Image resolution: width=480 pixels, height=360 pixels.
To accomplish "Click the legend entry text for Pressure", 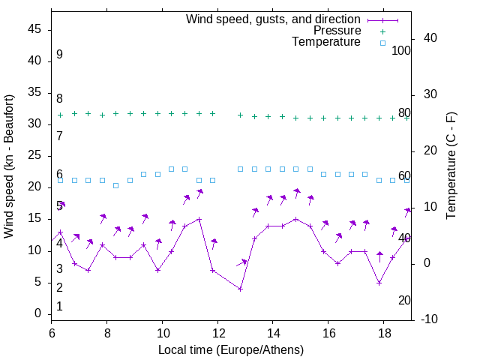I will [337, 31].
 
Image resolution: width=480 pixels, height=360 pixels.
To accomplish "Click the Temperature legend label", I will [326, 43].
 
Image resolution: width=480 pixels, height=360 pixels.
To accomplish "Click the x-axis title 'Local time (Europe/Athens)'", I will [231, 349].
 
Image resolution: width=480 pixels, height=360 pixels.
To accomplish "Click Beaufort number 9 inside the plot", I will [59, 55].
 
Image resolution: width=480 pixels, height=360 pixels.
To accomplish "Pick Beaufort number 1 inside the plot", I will [59, 306].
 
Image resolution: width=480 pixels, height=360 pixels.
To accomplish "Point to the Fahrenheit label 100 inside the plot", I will [401, 50].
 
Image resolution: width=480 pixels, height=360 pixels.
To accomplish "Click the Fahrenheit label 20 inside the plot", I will [404, 300].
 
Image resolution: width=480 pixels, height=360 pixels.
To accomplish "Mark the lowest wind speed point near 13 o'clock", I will [240, 289].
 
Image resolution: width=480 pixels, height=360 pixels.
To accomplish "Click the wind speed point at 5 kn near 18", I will [379, 283].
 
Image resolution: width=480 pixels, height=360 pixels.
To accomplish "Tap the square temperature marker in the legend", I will [382, 43].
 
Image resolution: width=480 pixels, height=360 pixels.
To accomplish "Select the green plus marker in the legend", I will [382, 31].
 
